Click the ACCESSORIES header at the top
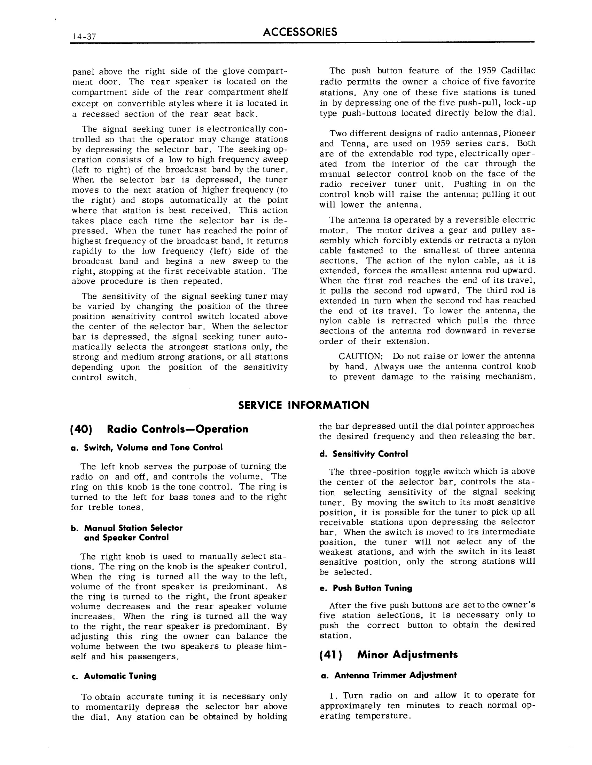(x=300, y=32)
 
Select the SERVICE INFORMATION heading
(x=303, y=405)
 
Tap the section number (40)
(x=81, y=429)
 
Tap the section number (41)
(x=330, y=655)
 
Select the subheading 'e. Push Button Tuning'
(x=366, y=588)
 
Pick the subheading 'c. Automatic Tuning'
(x=114, y=676)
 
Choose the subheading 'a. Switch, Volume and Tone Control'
(x=147, y=447)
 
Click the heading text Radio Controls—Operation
(x=178, y=429)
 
